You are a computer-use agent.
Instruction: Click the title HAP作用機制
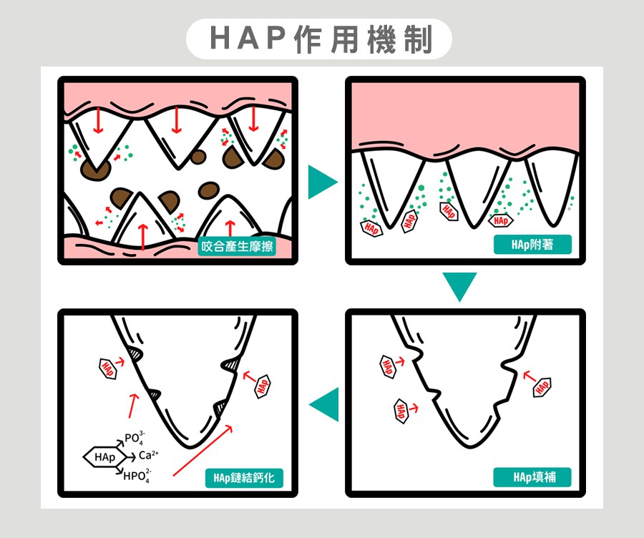pyautogui.click(x=321, y=39)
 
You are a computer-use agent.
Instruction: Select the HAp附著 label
pyautogui.click(x=532, y=245)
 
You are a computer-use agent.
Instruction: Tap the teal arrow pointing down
pyautogui.click(x=459, y=286)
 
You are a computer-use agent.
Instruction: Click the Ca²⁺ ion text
pyautogui.click(x=148, y=455)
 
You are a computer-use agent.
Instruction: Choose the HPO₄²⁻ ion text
pyautogui.click(x=137, y=474)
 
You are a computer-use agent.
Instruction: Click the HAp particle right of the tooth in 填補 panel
pyautogui.click(x=542, y=386)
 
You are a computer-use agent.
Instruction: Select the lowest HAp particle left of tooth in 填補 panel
pyautogui.click(x=401, y=411)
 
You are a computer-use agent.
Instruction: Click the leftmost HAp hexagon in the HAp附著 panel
pyautogui.click(x=371, y=228)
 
